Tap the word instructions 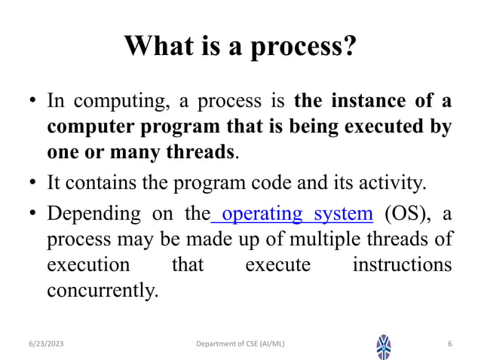click(x=402, y=267)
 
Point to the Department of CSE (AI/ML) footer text click(x=240, y=344)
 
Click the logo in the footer click(x=384, y=345)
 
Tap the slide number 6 click(x=449, y=344)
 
